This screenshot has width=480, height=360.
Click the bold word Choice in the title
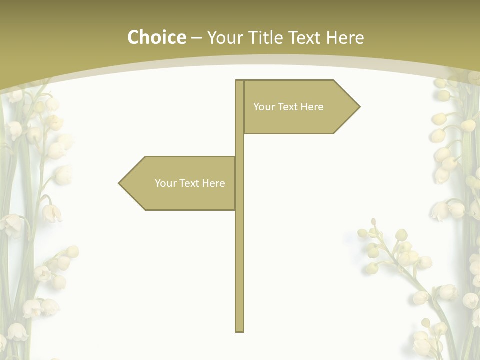[156, 37]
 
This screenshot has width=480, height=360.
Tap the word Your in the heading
[224, 37]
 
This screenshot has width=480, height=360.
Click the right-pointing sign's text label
[288, 107]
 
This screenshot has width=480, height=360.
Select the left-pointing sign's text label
[190, 183]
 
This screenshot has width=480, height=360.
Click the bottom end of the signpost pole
[239, 330]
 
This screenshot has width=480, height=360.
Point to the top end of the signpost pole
[239, 81]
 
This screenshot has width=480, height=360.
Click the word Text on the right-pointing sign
[289, 107]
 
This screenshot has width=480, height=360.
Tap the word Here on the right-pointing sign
[312, 107]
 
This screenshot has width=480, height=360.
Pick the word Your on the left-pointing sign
[165, 183]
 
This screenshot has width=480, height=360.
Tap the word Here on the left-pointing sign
[213, 183]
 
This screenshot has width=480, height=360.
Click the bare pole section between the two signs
[239, 145]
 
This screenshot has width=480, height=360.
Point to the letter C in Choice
[134, 37]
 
